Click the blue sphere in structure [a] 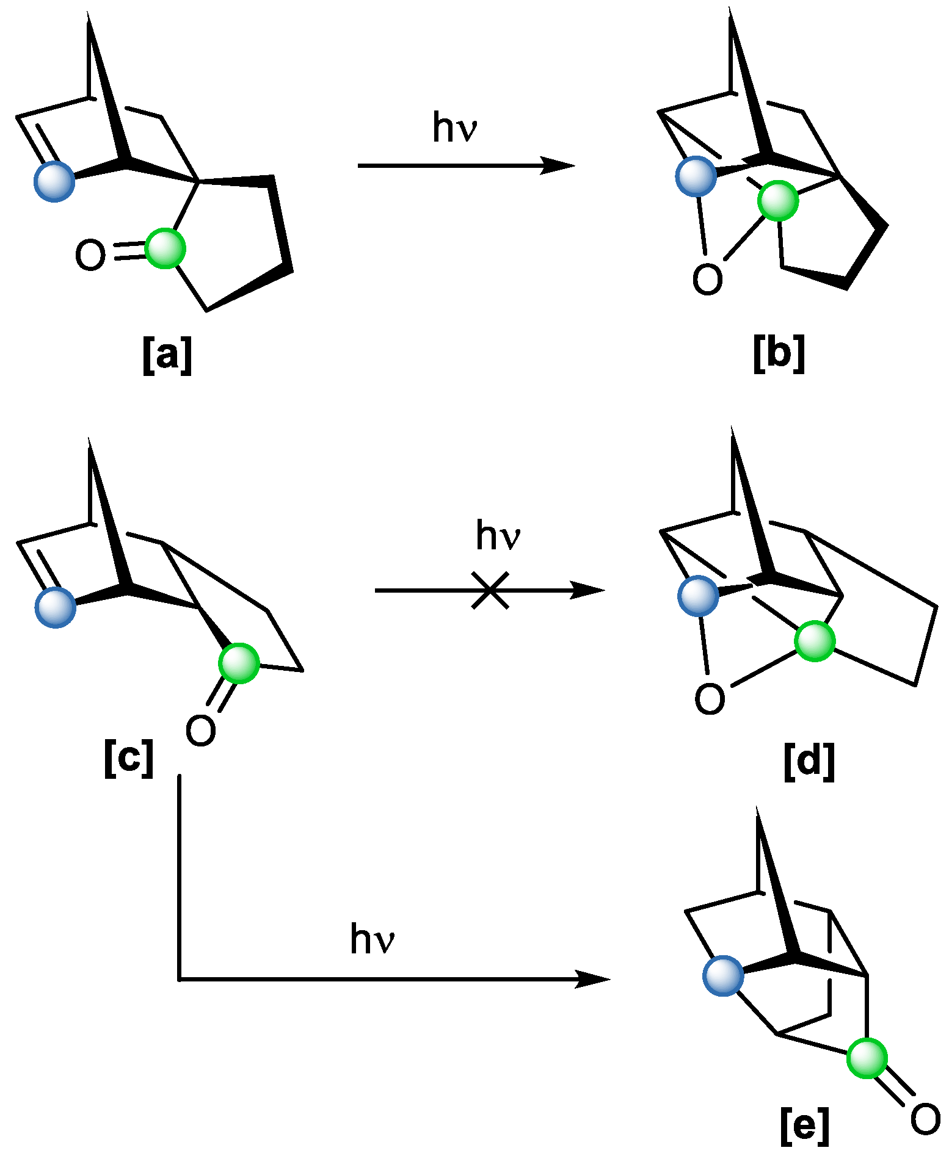54,181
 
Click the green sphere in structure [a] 165,248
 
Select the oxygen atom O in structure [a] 90,255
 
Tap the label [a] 167,355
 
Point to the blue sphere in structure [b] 696,176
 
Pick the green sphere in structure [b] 778,200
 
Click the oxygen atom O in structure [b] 707,280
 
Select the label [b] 779,353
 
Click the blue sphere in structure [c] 56,607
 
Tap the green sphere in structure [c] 239,663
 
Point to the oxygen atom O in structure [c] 201,731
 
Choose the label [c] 128,758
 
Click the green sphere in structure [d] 815,641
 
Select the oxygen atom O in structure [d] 710,699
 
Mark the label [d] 809,761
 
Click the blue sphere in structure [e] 723,976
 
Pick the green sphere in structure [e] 867,1058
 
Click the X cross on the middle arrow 490,590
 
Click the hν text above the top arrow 454,128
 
